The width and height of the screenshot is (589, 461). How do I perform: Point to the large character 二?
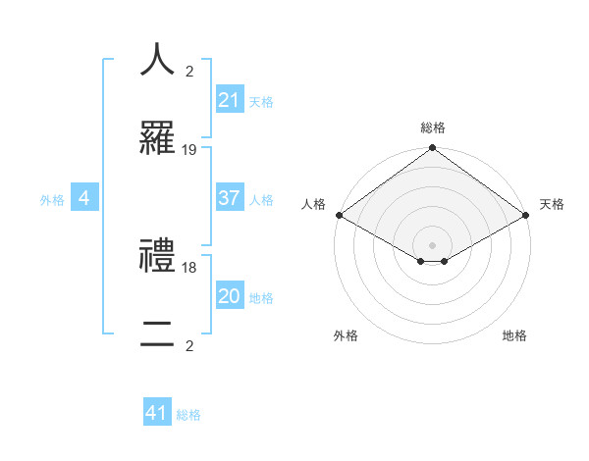point(157,336)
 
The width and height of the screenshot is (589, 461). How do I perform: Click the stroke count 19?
point(189,150)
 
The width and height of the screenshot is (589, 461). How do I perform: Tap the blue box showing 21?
point(230,100)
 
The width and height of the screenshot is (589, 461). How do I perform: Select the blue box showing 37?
point(230,198)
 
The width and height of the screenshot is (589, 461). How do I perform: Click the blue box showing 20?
point(230,296)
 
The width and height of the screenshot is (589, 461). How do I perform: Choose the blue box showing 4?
point(84,198)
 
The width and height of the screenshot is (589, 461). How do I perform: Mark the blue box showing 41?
point(157,413)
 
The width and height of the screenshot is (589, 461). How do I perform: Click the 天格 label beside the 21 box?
point(260,101)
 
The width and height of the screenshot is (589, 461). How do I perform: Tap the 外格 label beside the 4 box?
point(52,199)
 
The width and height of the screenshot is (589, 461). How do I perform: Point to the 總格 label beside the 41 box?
point(188,414)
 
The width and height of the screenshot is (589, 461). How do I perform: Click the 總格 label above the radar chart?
point(433,128)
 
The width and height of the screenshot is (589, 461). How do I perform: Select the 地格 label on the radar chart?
point(514,335)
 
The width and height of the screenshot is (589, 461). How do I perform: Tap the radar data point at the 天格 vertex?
point(527,216)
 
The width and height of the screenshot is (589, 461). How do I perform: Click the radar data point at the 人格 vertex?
point(338,216)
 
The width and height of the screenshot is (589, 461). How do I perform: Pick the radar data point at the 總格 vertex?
point(432,149)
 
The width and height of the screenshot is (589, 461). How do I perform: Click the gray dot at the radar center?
point(432,244)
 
